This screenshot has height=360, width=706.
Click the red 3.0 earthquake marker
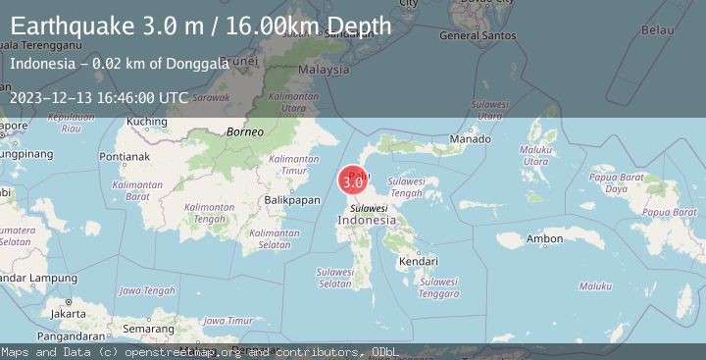353,180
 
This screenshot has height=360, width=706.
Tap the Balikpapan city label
293,200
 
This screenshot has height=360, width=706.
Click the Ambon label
544,238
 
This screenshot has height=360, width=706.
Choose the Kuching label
147,122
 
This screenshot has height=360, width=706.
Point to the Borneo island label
245,131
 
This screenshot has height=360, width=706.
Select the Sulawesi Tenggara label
438,287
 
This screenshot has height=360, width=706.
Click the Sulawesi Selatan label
334,278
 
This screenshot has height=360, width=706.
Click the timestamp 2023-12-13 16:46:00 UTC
99,97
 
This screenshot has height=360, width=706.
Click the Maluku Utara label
535,155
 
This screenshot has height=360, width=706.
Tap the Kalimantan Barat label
136,189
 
